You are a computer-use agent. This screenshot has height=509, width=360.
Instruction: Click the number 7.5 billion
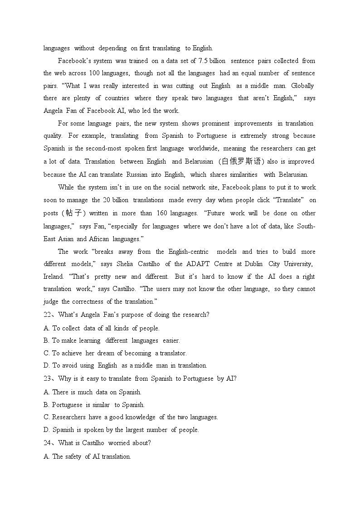(212, 61)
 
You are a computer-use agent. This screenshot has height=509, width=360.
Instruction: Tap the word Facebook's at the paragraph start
(72, 61)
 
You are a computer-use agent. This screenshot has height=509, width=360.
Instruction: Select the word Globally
(302, 86)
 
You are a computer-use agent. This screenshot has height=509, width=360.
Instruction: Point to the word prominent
(216, 123)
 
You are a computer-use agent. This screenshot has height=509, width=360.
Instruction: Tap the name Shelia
(125, 264)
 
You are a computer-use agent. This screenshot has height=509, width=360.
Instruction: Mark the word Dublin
(253, 264)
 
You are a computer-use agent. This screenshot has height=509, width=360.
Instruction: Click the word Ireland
(54, 276)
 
